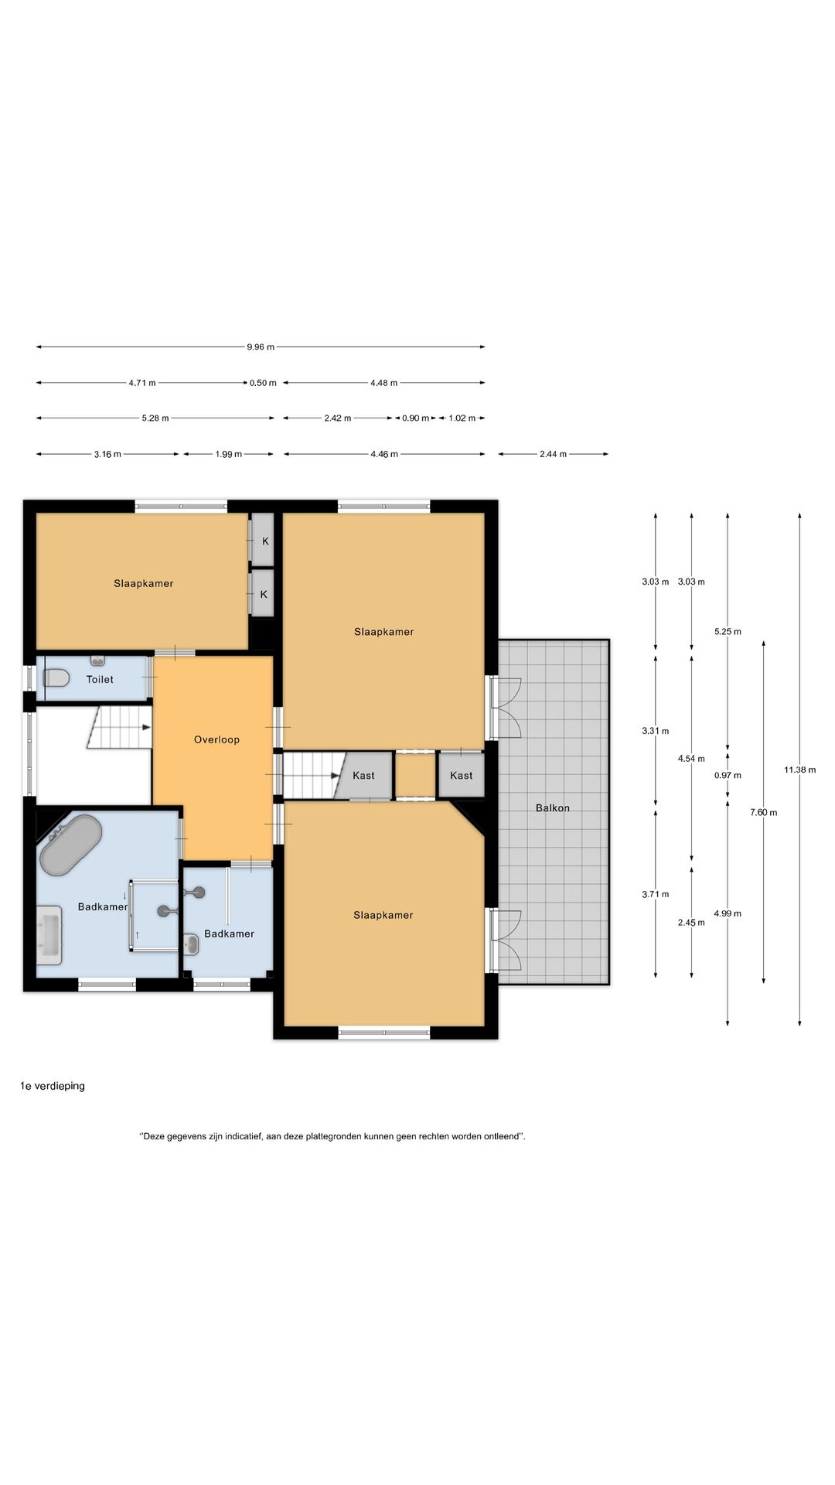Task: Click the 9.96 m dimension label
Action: point(261,347)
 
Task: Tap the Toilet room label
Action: point(100,679)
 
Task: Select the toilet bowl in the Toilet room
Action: point(56,678)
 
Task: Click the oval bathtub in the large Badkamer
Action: point(70,845)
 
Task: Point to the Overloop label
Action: point(216,739)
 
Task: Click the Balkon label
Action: point(553,807)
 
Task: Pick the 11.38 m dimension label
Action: point(799,770)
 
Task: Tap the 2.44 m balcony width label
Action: point(553,454)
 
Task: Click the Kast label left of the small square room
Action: point(363,775)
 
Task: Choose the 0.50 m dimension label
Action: point(263,383)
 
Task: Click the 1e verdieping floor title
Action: point(53,1086)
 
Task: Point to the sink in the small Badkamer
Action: point(192,943)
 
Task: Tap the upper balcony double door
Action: point(505,707)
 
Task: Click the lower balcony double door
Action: point(505,940)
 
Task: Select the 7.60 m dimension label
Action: point(764,812)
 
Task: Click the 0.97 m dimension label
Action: point(728,775)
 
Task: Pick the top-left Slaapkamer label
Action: point(144,583)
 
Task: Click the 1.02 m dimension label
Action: point(462,418)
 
